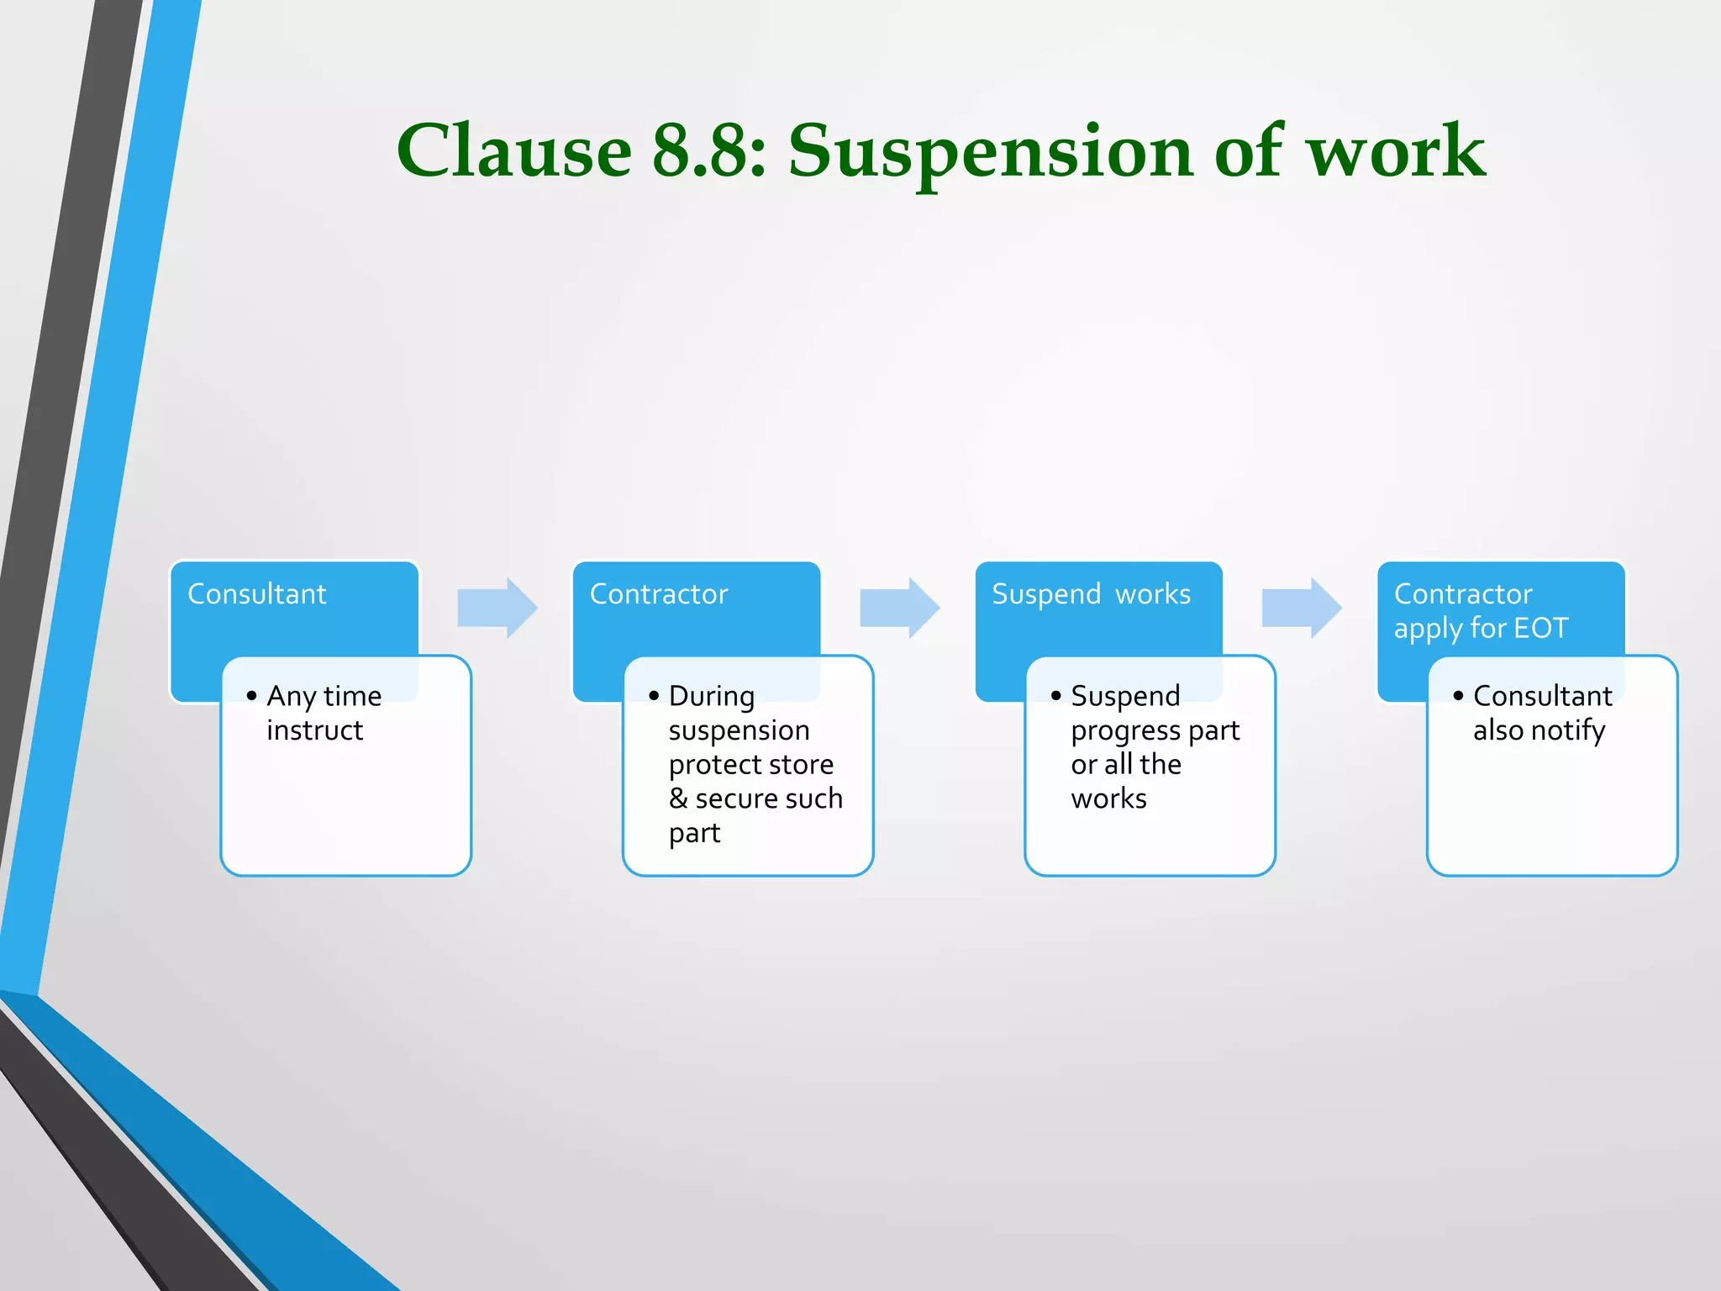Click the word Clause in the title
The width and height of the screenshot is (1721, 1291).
[x=514, y=151]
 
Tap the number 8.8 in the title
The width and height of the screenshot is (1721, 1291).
[x=708, y=151]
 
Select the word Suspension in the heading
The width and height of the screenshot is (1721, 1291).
[x=990, y=151]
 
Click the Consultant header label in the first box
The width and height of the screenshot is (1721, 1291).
[x=256, y=594]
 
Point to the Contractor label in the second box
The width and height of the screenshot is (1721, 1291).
[x=659, y=594]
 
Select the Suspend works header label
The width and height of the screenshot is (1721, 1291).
[x=1091, y=594]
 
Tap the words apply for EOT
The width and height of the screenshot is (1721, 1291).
[x=1481, y=629]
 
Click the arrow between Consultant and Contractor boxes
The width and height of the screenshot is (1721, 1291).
[x=497, y=608]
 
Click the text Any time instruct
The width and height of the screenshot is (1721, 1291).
[x=324, y=713]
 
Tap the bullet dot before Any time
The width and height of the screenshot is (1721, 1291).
[x=251, y=696]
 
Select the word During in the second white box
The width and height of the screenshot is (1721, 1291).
[x=712, y=696]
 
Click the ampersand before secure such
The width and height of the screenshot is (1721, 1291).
[x=678, y=798]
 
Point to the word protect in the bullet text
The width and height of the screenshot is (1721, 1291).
[x=716, y=765]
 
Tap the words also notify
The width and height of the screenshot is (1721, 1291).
[x=1539, y=730]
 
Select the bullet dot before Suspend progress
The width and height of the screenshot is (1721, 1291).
[x=1056, y=696]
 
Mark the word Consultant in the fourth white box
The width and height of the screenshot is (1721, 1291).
[x=1542, y=696]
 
